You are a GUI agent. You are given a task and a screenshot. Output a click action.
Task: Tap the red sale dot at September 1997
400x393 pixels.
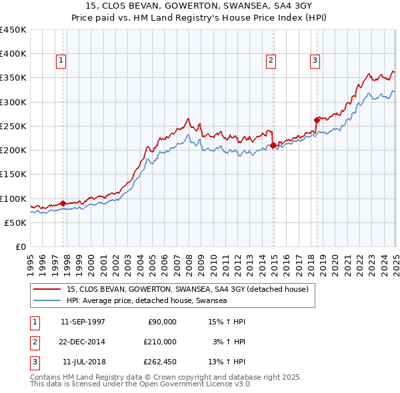click(x=63, y=203)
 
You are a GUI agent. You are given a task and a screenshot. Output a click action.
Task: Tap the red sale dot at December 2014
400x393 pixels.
click(x=273, y=145)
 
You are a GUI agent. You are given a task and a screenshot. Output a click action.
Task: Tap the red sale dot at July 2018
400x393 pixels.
click(x=317, y=120)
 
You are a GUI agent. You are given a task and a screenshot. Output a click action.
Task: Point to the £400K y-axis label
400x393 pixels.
click(x=13, y=54)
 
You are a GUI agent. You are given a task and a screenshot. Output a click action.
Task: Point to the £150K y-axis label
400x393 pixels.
click(x=13, y=175)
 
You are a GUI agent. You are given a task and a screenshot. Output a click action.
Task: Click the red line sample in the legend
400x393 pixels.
click(x=47, y=290)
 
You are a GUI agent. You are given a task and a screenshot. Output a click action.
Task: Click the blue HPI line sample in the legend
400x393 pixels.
click(x=47, y=301)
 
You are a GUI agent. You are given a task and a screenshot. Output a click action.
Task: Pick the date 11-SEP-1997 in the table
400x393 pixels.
click(x=83, y=322)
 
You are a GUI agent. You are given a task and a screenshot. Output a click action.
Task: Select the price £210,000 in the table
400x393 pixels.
click(x=160, y=342)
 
